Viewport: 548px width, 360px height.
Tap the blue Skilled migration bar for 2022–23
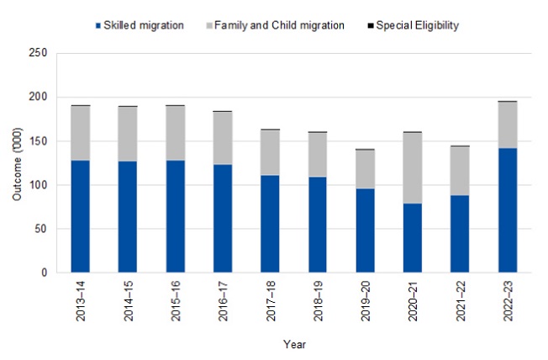click(x=507, y=210)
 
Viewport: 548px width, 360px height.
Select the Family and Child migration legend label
click(x=279, y=25)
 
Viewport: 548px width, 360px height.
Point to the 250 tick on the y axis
click(x=38, y=54)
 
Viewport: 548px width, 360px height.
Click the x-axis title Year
click(x=293, y=344)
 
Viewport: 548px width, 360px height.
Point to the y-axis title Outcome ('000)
click(x=17, y=163)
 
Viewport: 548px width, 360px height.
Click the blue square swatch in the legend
click(x=95, y=25)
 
